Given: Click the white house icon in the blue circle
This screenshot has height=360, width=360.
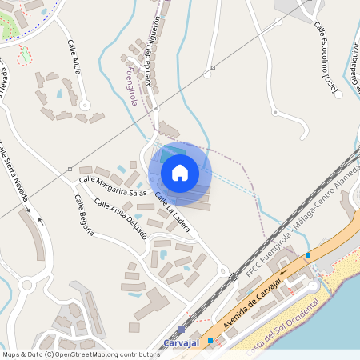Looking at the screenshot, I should click(180, 173).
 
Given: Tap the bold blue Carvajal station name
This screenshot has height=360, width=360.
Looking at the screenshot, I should click(181, 342).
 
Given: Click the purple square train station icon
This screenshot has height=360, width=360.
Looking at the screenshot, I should click(181, 329).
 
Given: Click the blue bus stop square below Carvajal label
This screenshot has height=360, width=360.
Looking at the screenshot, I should click(210, 341).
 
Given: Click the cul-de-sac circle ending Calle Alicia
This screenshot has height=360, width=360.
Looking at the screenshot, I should click(84, 105).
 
